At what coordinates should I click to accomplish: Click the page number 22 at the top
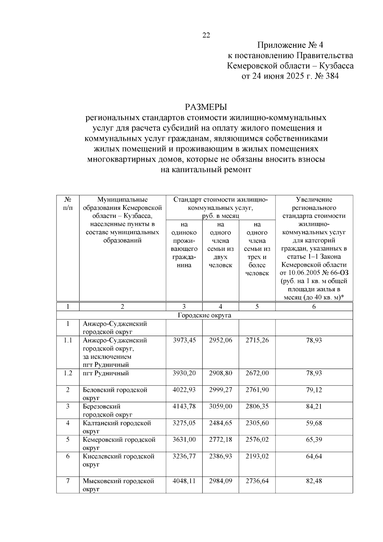[x=206, y=35]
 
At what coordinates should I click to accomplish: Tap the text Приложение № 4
[x=290, y=45]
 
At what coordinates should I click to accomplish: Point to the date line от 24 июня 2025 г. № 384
[x=290, y=76]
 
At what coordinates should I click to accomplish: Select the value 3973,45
[x=184, y=340]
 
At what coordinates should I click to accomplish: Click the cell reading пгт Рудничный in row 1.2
[x=106, y=373]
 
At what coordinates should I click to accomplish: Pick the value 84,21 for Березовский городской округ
[x=314, y=407]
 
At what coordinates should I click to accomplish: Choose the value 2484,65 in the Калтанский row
[x=221, y=423]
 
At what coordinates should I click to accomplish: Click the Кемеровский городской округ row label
[x=119, y=443]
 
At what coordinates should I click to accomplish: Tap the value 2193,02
[x=257, y=456]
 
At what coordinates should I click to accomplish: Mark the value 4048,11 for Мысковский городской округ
[x=184, y=481]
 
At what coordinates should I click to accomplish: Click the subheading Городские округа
[x=205, y=316]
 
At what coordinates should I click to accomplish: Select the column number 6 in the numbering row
[x=314, y=307]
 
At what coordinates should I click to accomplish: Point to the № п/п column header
[x=68, y=203]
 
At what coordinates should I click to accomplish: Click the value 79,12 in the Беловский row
[x=314, y=390]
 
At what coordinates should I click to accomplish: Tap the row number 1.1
[x=68, y=340]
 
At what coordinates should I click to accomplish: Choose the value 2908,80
[x=221, y=373]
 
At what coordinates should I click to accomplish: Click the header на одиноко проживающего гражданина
[x=184, y=245]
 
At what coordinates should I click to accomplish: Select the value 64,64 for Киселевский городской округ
[x=314, y=456]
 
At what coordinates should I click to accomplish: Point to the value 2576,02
[x=257, y=440]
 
